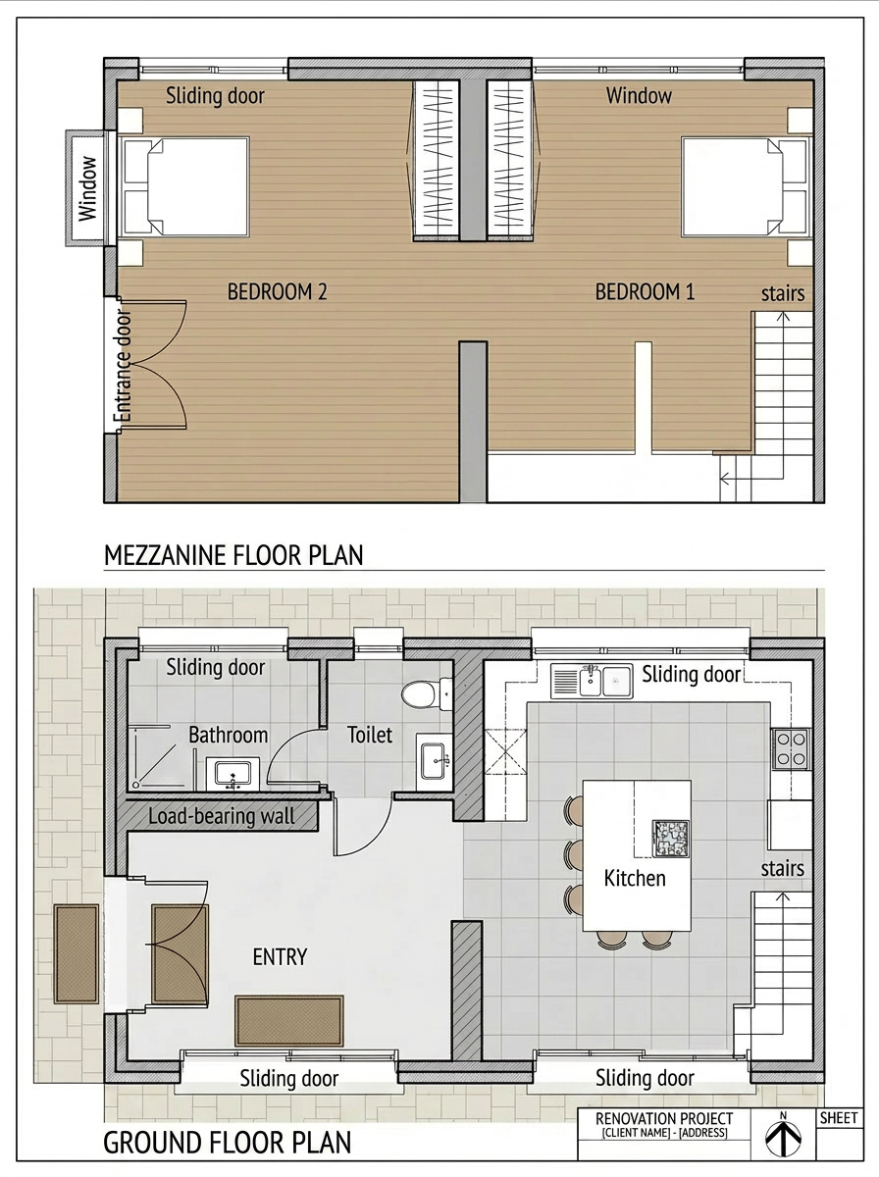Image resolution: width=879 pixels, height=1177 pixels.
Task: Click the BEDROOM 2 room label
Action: pyautogui.click(x=277, y=291)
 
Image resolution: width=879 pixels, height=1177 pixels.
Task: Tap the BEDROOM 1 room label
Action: pyautogui.click(x=645, y=291)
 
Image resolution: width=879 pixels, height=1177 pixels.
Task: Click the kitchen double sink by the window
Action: pyautogui.click(x=593, y=681)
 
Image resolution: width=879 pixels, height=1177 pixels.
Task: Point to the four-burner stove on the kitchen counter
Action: pyautogui.click(x=791, y=748)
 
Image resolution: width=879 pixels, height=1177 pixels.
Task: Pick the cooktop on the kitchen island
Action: pyautogui.click(x=670, y=838)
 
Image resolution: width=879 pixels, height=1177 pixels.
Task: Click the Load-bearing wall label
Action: pyautogui.click(x=221, y=816)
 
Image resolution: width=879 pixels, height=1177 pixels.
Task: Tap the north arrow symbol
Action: pyautogui.click(x=783, y=1138)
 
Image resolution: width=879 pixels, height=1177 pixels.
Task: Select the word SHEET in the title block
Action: pyautogui.click(x=839, y=1118)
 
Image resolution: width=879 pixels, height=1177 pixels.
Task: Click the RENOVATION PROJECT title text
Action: pyautogui.click(x=664, y=1118)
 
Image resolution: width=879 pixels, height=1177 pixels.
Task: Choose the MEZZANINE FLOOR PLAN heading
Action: pyautogui.click(x=233, y=555)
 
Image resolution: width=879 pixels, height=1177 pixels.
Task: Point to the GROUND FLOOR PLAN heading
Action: pyautogui.click(x=227, y=1143)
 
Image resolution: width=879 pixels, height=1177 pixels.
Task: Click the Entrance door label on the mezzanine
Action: pyautogui.click(x=123, y=367)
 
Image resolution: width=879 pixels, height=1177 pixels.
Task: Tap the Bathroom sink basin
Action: pyautogui.click(x=233, y=774)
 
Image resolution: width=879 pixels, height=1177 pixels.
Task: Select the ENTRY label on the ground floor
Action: pyautogui.click(x=280, y=956)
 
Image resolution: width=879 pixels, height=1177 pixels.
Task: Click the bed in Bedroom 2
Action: pyautogui.click(x=184, y=186)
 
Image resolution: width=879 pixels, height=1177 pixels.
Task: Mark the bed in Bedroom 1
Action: pyautogui.click(x=746, y=186)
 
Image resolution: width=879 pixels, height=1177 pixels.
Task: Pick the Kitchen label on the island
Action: pyautogui.click(x=635, y=878)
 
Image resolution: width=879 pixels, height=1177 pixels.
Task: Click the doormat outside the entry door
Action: pyautogui.click(x=77, y=954)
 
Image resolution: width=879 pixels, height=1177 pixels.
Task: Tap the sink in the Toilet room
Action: pyautogui.click(x=433, y=760)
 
